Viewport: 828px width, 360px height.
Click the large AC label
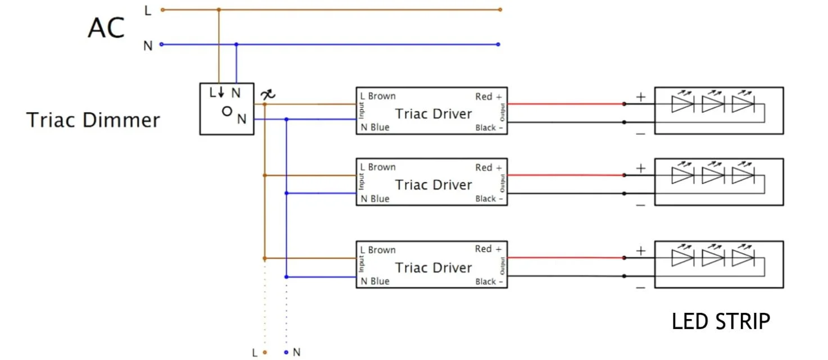[106, 28]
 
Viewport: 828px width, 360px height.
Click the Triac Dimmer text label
[93, 120]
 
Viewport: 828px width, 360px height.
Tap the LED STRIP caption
[721, 322]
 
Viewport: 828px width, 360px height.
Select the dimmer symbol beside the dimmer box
[269, 95]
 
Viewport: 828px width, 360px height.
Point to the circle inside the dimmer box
[227, 111]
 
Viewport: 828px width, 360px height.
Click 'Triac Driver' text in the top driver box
[433, 114]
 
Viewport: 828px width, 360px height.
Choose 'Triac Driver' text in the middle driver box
[433, 185]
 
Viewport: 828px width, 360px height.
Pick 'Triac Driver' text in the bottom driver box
[433, 268]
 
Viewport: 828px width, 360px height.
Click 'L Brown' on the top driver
[378, 96]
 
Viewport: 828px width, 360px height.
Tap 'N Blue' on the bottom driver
[375, 281]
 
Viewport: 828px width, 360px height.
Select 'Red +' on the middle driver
[488, 167]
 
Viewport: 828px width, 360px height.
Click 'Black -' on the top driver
[489, 127]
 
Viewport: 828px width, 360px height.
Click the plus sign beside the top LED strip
[641, 97]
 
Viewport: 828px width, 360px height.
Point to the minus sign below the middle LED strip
[641, 205]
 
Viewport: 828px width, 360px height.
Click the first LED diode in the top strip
[682, 104]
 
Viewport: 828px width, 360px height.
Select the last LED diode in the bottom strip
[743, 258]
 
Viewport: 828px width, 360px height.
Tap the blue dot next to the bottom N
[286, 352]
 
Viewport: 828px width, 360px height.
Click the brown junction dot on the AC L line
[219, 10]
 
